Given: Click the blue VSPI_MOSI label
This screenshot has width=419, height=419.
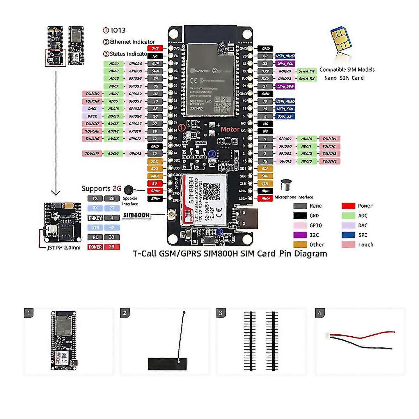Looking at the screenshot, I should (285, 56).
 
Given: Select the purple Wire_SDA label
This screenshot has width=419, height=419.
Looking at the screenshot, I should (285, 86).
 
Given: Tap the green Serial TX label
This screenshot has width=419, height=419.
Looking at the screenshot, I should (307, 71).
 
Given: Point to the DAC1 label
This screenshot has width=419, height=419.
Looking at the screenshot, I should (92, 109).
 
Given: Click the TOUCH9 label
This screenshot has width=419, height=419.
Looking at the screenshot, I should (92, 94).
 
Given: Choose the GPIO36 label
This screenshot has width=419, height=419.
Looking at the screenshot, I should (135, 63).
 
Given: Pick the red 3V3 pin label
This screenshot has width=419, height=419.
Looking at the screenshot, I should (155, 48).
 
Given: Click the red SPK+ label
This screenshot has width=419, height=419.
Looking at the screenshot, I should (155, 191).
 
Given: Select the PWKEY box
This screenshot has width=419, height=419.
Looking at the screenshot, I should (95, 218).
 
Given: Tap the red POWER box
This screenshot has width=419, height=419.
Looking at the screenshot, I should (95, 247).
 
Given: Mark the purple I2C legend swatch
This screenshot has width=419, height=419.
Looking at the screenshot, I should (300, 235).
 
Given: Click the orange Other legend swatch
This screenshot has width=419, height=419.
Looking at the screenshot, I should (300, 245).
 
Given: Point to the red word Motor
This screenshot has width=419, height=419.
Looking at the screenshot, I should (230, 129).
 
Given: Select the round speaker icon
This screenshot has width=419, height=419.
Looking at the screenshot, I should (129, 190).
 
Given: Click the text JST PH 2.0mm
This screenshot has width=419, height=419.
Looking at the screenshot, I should (64, 248).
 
